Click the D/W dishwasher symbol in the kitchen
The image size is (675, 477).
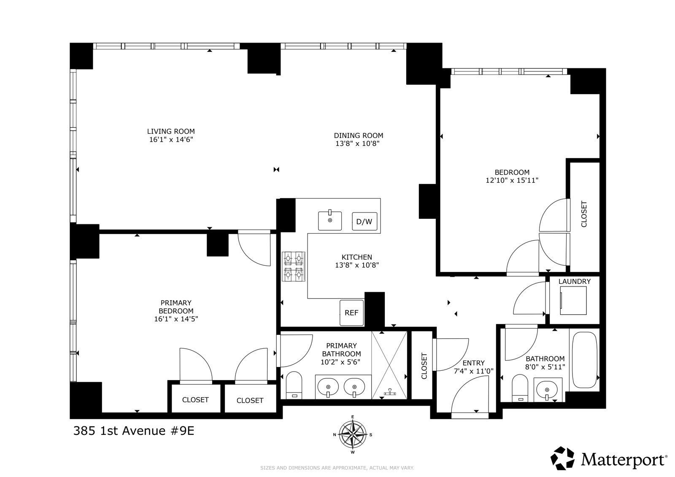click(x=364, y=221)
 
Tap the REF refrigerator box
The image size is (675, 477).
click(x=352, y=313)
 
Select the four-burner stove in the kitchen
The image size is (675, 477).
click(x=294, y=267)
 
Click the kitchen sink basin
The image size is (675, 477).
click(x=330, y=221)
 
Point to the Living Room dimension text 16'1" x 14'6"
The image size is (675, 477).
click(x=171, y=140)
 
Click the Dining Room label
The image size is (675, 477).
click(x=359, y=136)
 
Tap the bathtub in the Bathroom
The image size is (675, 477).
click(x=585, y=360)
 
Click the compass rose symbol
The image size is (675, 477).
click(x=353, y=434)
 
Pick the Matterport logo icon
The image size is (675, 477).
click(x=562, y=458)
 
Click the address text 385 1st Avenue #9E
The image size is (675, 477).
click(x=134, y=431)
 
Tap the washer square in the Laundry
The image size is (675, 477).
click(x=573, y=300)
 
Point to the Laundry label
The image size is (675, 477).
click(x=574, y=281)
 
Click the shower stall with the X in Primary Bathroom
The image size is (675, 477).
click(x=389, y=365)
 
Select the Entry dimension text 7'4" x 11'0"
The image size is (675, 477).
click(x=474, y=371)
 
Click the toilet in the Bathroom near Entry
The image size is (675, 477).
click(x=520, y=388)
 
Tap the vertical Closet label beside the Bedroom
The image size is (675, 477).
click(x=584, y=214)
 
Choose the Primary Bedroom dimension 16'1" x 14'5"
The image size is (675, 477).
click(x=176, y=319)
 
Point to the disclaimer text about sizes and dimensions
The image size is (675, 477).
click(x=337, y=468)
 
